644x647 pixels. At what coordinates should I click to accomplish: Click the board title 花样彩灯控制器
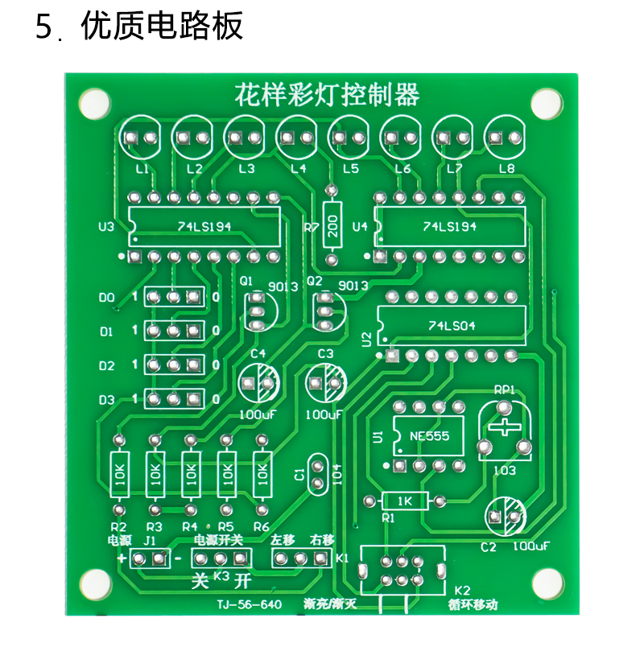click(327, 95)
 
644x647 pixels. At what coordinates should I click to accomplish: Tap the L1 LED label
click(142, 169)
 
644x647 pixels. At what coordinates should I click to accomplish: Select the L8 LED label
click(506, 169)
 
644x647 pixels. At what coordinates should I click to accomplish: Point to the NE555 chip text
click(429, 436)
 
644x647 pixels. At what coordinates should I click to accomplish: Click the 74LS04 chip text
click(452, 326)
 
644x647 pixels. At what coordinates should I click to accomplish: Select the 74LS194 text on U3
click(204, 227)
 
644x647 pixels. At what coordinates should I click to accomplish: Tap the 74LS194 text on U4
click(449, 227)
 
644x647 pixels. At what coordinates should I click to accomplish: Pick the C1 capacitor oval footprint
click(317, 474)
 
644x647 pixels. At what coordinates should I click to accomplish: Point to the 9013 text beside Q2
click(353, 286)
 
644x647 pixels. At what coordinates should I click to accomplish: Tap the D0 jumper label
click(106, 298)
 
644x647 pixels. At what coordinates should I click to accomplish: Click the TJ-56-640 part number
click(250, 605)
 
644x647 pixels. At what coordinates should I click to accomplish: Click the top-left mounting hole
click(94, 104)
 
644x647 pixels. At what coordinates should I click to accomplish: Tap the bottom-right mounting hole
click(548, 584)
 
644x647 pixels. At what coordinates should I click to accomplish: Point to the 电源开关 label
click(218, 540)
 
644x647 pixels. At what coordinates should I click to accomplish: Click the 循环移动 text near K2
click(473, 605)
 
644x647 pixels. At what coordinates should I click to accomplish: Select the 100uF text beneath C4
click(258, 414)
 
